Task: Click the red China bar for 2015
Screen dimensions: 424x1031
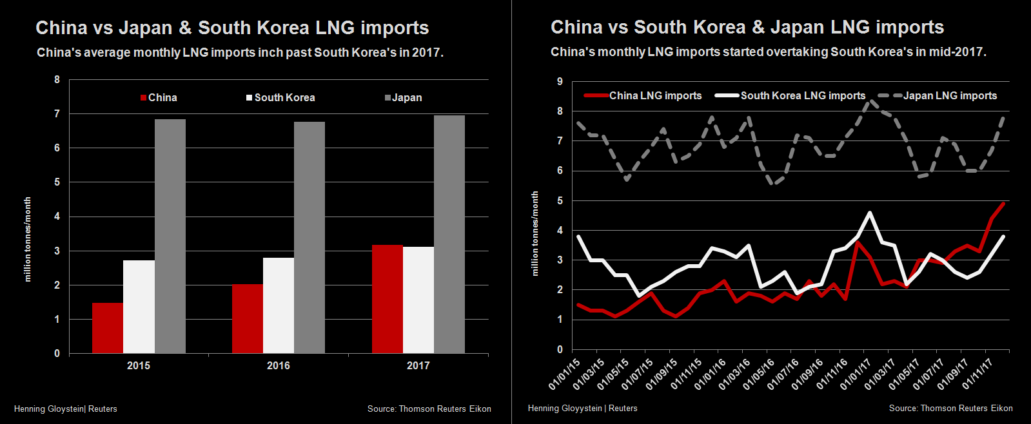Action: [108, 328]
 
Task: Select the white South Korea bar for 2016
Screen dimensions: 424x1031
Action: [279, 305]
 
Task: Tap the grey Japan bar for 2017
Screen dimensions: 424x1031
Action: [449, 234]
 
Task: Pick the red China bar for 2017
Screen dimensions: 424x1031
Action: [387, 299]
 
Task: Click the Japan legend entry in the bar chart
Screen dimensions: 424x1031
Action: [404, 98]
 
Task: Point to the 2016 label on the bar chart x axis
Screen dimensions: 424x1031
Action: [279, 365]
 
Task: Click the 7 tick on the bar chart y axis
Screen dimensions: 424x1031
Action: [57, 114]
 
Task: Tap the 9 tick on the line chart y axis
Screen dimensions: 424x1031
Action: [560, 82]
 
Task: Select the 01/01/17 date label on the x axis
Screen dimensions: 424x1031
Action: [855, 374]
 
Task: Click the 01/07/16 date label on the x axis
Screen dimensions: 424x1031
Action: [782, 374]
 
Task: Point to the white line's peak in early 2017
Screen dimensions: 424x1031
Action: [870, 213]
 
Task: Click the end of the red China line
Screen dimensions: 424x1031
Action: [1004, 204]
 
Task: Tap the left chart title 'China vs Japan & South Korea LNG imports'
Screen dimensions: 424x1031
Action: [232, 28]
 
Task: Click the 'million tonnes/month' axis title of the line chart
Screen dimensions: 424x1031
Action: [535, 234]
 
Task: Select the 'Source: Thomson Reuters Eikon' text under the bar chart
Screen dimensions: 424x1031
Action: [429, 409]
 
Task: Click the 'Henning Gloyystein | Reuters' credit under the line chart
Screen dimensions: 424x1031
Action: [582, 408]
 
